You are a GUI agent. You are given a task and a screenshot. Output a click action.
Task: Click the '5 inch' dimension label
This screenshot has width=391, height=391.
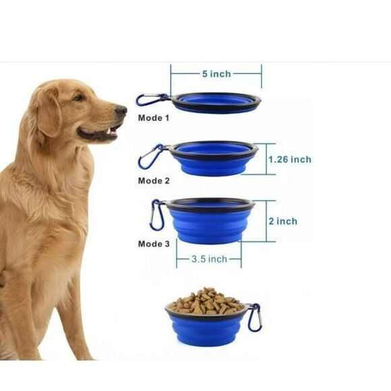tap(216, 73)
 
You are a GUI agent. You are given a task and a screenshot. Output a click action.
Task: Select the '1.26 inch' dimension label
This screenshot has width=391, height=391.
tap(289, 160)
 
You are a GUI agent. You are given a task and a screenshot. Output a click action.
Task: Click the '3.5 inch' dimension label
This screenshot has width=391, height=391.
tap(208, 259)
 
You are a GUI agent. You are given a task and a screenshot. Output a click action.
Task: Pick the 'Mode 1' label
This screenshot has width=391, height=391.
tap(154, 118)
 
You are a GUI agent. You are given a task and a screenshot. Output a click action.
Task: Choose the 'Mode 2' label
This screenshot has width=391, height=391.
tap(154, 181)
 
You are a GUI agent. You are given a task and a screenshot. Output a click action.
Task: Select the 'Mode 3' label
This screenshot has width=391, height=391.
tap(154, 243)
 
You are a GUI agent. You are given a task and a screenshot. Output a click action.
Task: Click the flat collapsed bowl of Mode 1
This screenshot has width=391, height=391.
tap(216, 102)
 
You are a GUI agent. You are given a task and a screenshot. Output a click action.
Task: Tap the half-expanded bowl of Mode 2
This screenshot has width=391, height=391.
tap(213, 158)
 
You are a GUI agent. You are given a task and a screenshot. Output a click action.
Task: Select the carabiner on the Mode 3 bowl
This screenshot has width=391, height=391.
tap(157, 214)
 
